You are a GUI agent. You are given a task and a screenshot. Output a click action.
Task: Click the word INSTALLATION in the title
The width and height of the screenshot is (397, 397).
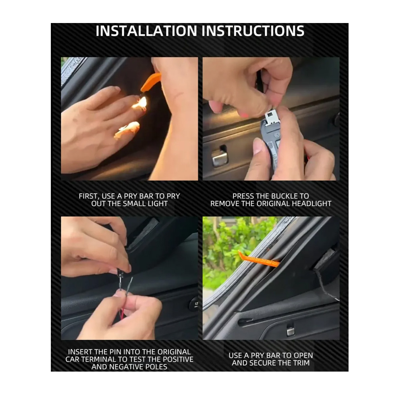[x=146, y=31]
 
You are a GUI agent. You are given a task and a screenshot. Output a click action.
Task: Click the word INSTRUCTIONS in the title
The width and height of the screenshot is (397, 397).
[x=253, y=31]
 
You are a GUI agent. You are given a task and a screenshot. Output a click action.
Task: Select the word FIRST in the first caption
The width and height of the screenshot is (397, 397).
[x=88, y=197]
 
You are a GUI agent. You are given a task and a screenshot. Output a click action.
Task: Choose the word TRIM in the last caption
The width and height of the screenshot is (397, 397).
[x=301, y=363]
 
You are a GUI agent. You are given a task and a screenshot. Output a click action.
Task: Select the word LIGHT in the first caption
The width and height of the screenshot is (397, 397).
[x=158, y=204]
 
